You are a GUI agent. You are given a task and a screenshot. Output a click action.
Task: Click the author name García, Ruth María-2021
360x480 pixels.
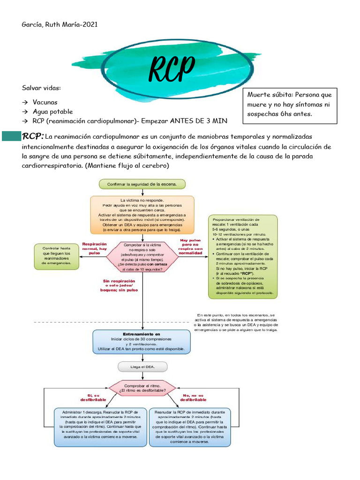tap(60, 24)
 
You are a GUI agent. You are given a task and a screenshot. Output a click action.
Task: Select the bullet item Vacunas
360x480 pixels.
tap(45, 102)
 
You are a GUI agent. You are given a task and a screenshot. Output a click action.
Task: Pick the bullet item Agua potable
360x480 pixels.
tap(52, 112)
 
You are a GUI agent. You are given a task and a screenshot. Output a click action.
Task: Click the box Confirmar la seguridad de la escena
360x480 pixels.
tap(142, 184)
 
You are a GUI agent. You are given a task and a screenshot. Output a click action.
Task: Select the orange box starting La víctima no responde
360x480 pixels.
tap(142, 214)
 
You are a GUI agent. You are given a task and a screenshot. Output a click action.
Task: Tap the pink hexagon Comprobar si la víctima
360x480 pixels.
tap(142, 257)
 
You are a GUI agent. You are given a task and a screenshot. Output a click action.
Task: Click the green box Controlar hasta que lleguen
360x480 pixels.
tap(56, 256)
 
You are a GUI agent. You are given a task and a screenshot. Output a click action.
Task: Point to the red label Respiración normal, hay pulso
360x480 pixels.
tap(95, 248)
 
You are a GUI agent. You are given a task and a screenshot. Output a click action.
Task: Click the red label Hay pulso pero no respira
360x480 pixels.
tap(191, 246)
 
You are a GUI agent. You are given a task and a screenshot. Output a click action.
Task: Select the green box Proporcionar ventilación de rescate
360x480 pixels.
tap(242, 256)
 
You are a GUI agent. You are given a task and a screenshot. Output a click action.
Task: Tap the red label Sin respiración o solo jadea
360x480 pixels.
tap(120, 285)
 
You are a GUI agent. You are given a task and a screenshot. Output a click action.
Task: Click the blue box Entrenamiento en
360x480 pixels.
tap(142, 342)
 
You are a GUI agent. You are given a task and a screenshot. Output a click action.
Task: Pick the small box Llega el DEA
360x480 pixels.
tap(142, 367)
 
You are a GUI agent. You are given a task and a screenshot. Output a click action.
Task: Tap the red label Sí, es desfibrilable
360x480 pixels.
tap(93, 397)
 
